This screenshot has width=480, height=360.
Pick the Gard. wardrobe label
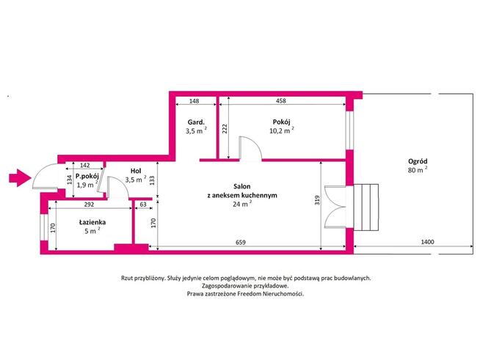pos(194,122)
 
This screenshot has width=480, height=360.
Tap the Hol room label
pos(136,170)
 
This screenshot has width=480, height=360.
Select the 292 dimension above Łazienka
pos(87,205)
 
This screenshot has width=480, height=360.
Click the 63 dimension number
pos(142,205)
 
